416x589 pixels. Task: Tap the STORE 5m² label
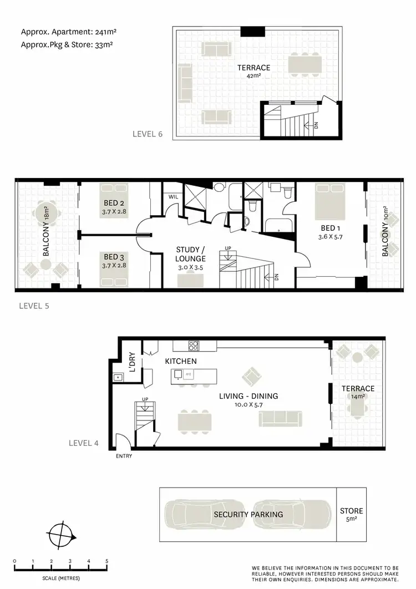(351, 515)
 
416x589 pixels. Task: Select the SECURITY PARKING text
(248, 514)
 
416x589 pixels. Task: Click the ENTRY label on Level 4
(125, 456)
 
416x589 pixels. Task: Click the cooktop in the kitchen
(194, 346)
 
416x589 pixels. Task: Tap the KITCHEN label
(181, 361)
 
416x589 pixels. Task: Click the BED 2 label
(113, 204)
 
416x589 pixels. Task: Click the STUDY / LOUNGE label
(191, 254)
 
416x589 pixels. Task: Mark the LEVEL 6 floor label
(148, 134)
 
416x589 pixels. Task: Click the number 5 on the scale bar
(106, 561)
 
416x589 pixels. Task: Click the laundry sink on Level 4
(118, 378)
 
